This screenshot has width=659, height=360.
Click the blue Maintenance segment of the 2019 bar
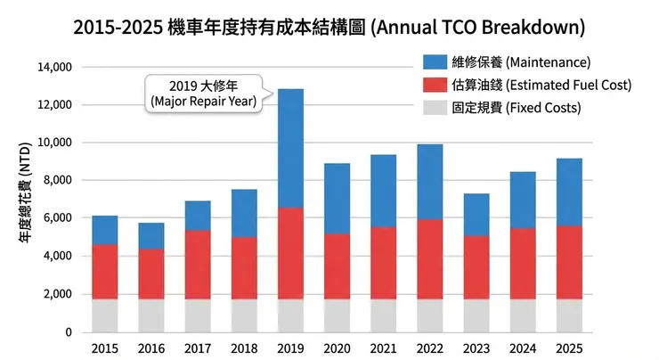pos(290,148)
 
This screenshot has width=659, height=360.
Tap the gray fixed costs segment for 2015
pos(105,315)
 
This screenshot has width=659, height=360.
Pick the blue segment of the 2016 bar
pos(151,235)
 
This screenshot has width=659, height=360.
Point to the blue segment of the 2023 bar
pos(476,214)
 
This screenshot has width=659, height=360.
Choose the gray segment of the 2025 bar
pos(568,315)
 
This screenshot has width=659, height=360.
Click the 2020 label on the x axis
pos(337,348)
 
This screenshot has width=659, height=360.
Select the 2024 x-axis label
pos(522,348)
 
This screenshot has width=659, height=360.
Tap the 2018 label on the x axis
pos(244,348)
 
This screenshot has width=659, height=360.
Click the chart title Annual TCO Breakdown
pos(329,27)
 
